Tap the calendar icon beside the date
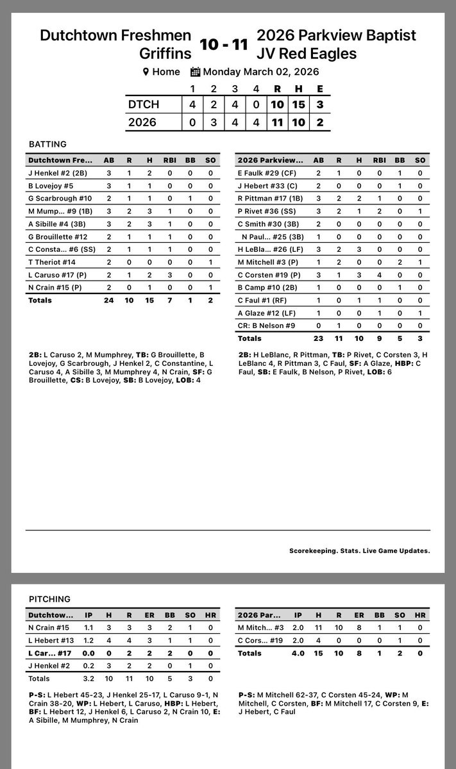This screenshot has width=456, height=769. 196,72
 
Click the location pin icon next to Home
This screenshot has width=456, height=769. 146,72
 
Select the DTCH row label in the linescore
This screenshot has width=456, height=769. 142,104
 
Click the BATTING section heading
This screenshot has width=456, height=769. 47,145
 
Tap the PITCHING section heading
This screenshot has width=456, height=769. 49,599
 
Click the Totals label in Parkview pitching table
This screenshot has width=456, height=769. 249,653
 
